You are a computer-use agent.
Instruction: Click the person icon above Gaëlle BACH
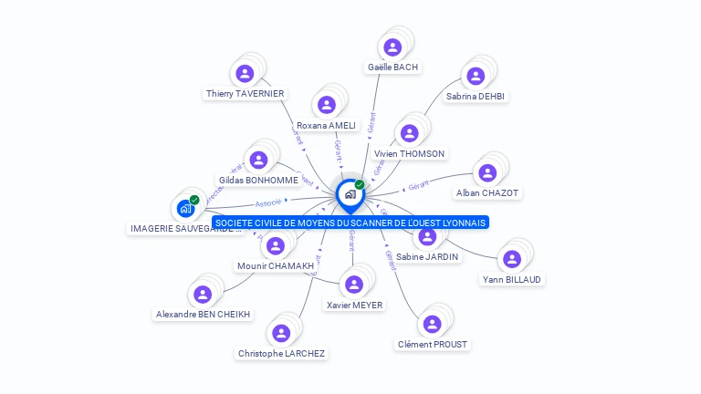click(392, 47)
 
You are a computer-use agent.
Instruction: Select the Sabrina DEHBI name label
click(476, 96)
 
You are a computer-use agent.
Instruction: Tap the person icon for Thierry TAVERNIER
click(245, 74)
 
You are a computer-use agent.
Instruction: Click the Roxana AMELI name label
click(326, 125)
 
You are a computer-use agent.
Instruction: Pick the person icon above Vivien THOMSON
click(410, 134)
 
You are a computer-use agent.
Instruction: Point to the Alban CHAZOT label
click(487, 192)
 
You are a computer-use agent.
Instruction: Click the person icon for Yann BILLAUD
click(512, 259)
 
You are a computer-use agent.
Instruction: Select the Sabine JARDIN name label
click(427, 256)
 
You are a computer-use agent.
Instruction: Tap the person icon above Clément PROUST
click(433, 324)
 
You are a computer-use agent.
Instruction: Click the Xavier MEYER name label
click(354, 305)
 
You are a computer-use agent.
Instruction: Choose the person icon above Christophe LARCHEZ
click(281, 333)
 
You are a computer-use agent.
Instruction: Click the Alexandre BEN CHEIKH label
click(203, 314)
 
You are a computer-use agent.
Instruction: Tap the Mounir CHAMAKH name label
click(275, 265)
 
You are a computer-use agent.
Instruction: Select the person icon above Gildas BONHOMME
click(259, 161)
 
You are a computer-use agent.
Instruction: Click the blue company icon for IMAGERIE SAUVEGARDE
click(186, 208)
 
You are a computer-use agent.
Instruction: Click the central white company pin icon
click(350, 193)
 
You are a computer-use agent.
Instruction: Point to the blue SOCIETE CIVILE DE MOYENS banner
click(350, 222)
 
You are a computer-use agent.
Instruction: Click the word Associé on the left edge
click(268, 202)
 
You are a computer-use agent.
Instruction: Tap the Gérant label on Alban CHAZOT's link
click(418, 185)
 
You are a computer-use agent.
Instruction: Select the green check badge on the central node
click(360, 184)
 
